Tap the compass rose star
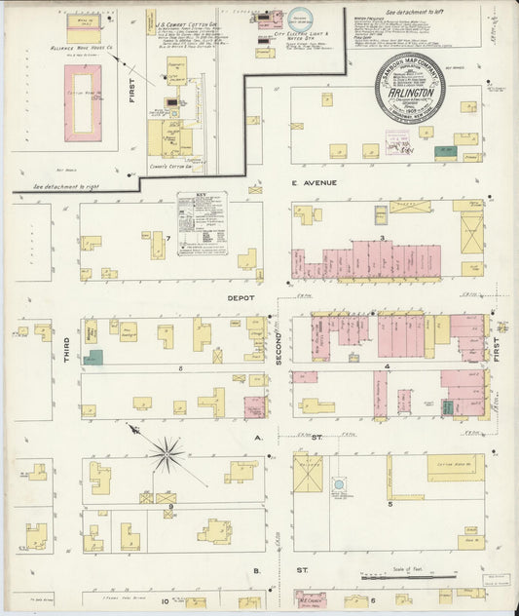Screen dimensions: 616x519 tap(168, 452)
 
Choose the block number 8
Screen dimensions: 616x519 tap(180, 369)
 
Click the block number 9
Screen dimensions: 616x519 tap(170, 506)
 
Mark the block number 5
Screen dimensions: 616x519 tap(389, 504)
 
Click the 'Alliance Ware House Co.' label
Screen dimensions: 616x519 tap(83, 46)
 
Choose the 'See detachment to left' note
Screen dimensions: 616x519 tap(416, 11)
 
